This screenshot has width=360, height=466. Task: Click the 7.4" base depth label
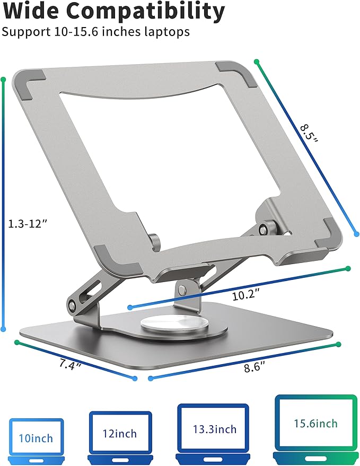(70, 365)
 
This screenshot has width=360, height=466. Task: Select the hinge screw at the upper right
(264, 228)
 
